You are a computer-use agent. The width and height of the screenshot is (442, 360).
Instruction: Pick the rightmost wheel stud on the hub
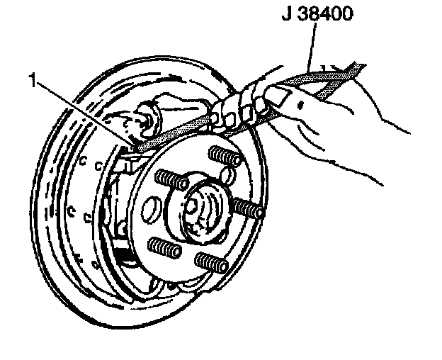pyautogui.click(x=249, y=207)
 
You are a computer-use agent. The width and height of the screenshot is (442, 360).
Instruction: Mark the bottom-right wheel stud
pyautogui.click(x=211, y=264)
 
